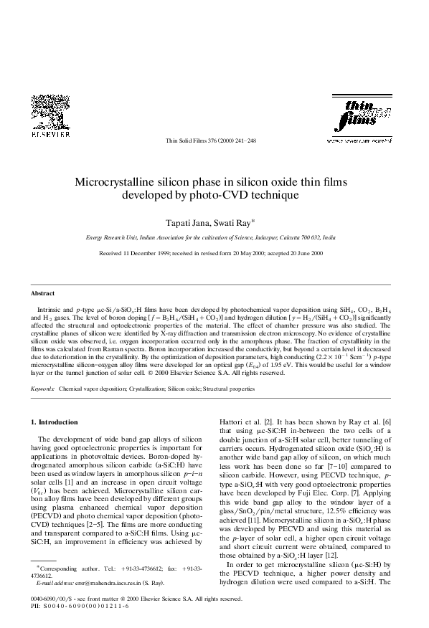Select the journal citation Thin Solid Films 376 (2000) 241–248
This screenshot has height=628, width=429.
point(214,142)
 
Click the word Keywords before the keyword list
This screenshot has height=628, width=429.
point(42,389)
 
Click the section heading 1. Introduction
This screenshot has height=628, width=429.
point(54,422)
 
